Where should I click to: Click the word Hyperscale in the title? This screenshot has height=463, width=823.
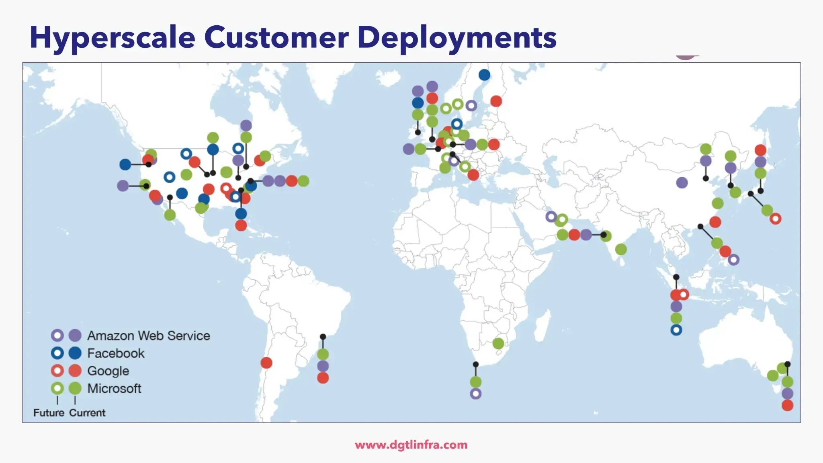(x=113, y=38)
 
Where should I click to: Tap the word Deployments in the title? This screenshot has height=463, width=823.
(x=457, y=38)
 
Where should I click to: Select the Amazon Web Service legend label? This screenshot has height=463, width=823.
(x=149, y=336)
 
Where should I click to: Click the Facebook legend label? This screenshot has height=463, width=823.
(x=116, y=353)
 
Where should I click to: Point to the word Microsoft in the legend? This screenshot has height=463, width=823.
(x=115, y=389)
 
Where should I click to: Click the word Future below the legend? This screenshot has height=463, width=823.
(x=49, y=413)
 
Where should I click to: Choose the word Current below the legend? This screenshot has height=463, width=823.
(x=87, y=413)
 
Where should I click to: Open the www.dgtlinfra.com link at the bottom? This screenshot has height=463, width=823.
(x=411, y=445)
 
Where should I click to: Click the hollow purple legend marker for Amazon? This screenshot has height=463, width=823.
(x=57, y=335)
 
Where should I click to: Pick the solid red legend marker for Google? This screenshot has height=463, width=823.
(x=75, y=371)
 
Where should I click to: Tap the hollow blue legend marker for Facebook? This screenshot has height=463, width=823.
(x=57, y=353)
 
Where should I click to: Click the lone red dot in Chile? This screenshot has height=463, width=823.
(x=266, y=363)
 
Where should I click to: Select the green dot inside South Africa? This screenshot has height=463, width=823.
(x=498, y=344)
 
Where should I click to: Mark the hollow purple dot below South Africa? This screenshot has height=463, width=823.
(x=476, y=394)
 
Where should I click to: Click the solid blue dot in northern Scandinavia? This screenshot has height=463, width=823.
(x=485, y=75)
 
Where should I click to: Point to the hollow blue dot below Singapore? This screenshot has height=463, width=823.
(x=676, y=330)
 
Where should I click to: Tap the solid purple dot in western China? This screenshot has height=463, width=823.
(x=682, y=183)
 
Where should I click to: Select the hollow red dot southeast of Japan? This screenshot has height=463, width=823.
(x=776, y=219)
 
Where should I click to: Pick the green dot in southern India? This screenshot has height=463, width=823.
(x=621, y=250)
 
